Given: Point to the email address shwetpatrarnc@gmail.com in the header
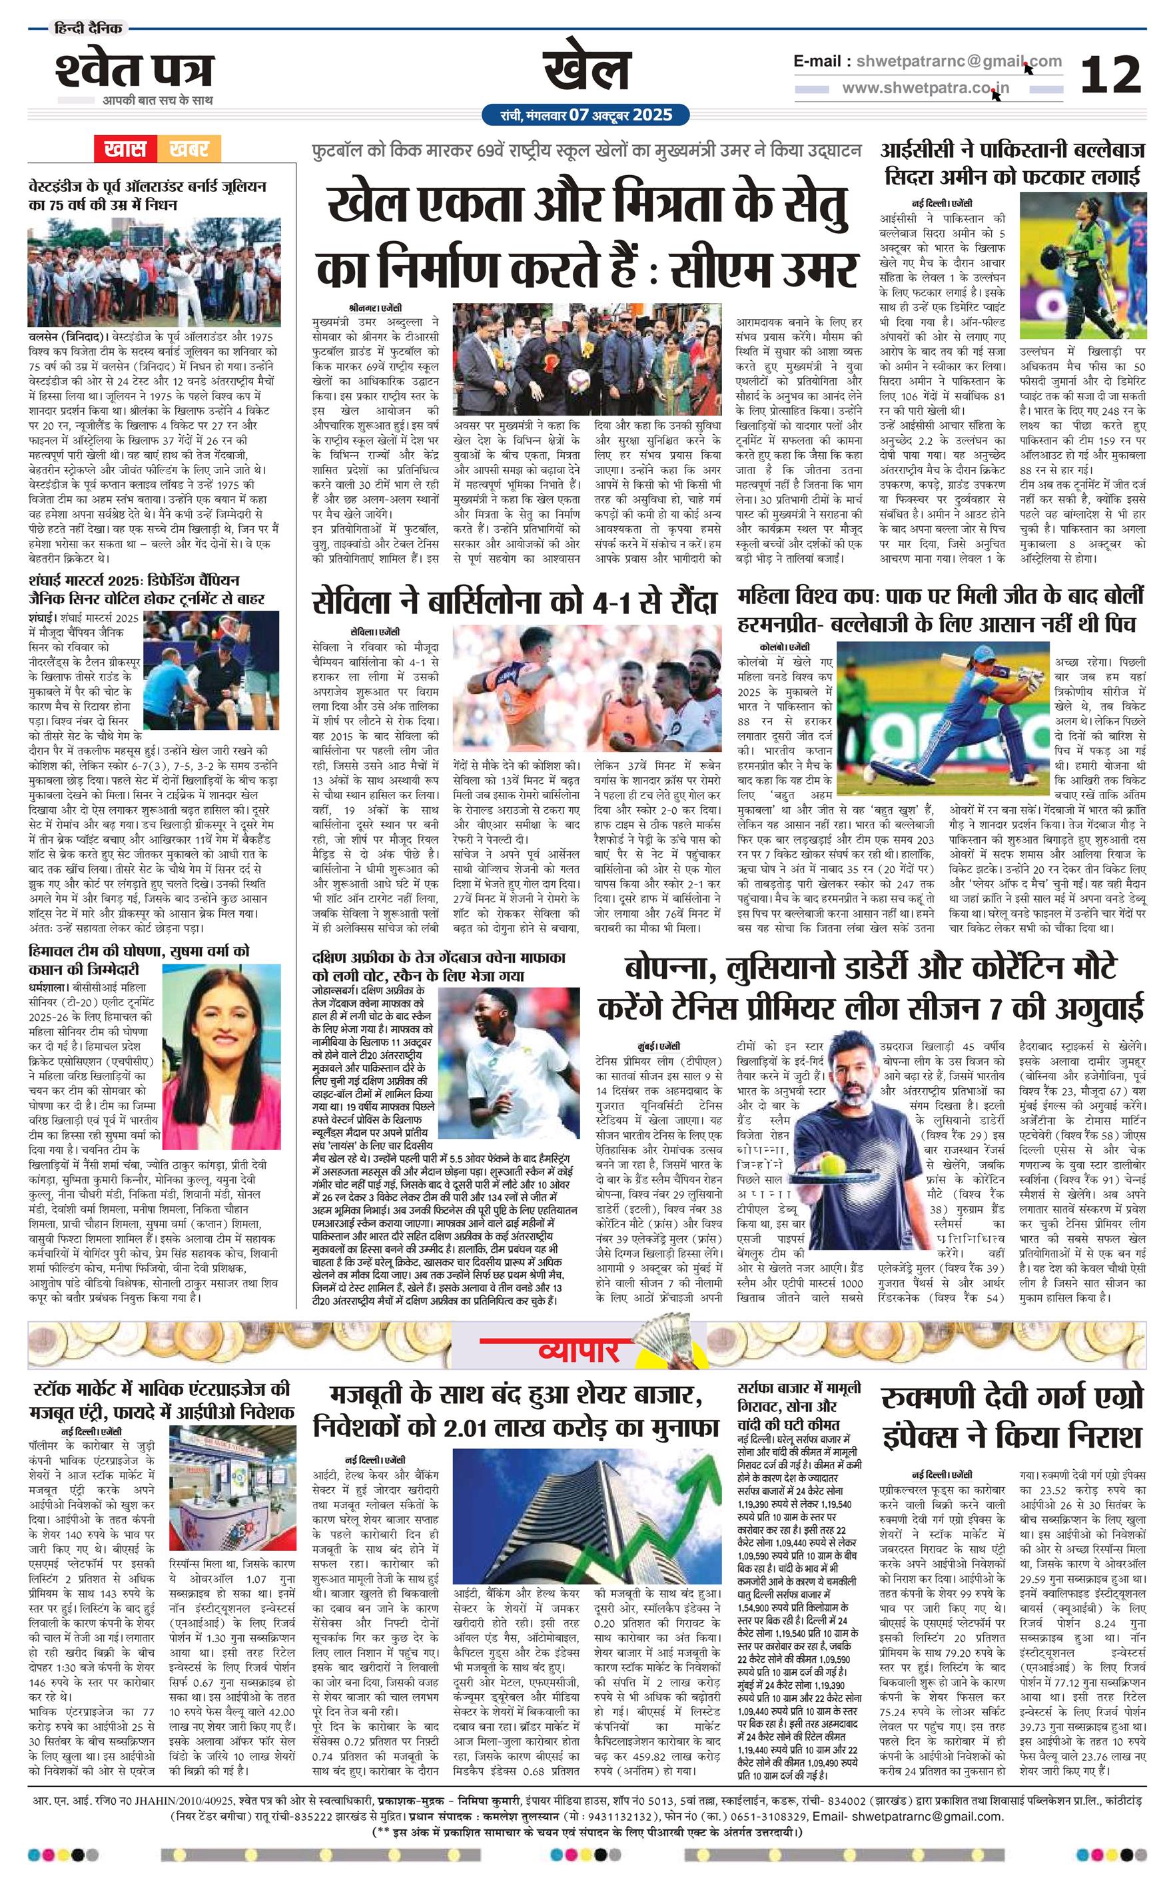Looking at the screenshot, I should pos(957,61).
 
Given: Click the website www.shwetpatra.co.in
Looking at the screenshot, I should pos(925,88).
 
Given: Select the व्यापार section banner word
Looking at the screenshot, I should pos(579,1352).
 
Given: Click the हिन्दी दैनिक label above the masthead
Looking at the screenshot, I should pos(88,29).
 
